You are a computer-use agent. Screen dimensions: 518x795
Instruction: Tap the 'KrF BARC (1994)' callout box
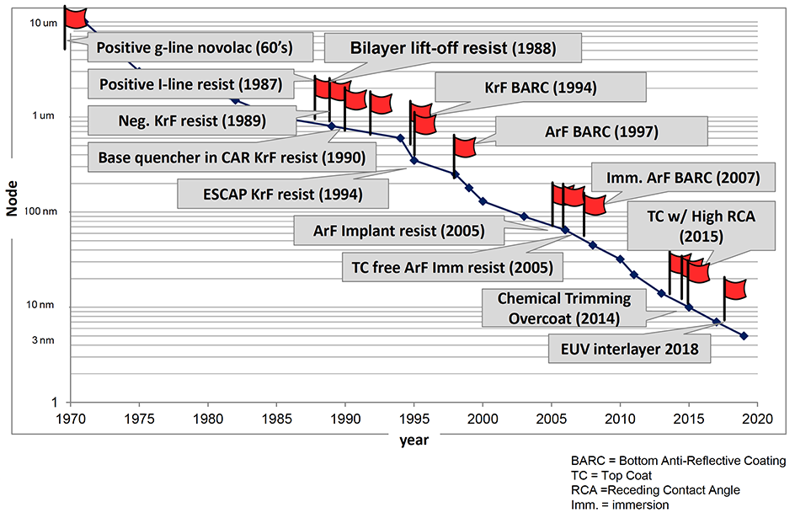[541, 87]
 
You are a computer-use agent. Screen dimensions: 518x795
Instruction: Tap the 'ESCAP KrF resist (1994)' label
[283, 194]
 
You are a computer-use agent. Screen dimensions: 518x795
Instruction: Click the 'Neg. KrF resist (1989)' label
[177, 120]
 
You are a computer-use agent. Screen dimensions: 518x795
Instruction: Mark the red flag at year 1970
[76, 17]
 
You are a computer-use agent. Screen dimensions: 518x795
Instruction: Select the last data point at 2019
[744, 336]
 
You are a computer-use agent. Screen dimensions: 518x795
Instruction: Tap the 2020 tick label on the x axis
[758, 418]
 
